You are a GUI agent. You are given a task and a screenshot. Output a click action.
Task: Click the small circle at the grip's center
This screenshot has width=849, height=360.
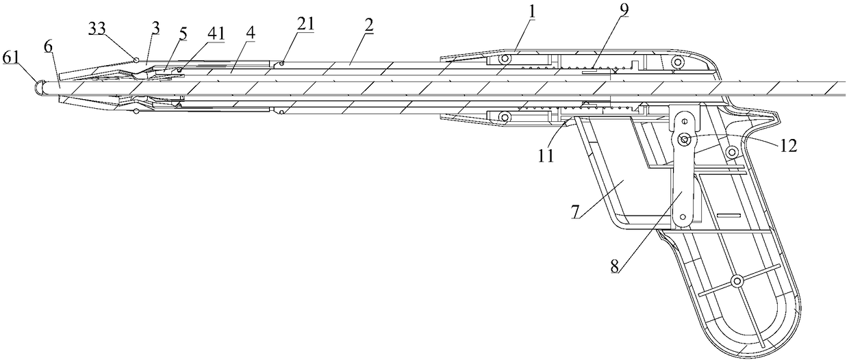tap(737, 280)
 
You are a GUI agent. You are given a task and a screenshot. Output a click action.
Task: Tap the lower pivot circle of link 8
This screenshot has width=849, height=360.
tap(683, 220)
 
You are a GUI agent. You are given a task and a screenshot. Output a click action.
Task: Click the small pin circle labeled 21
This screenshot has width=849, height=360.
tap(282, 64)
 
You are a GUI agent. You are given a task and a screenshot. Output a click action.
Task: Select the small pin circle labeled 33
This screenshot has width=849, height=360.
tap(138, 60)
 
